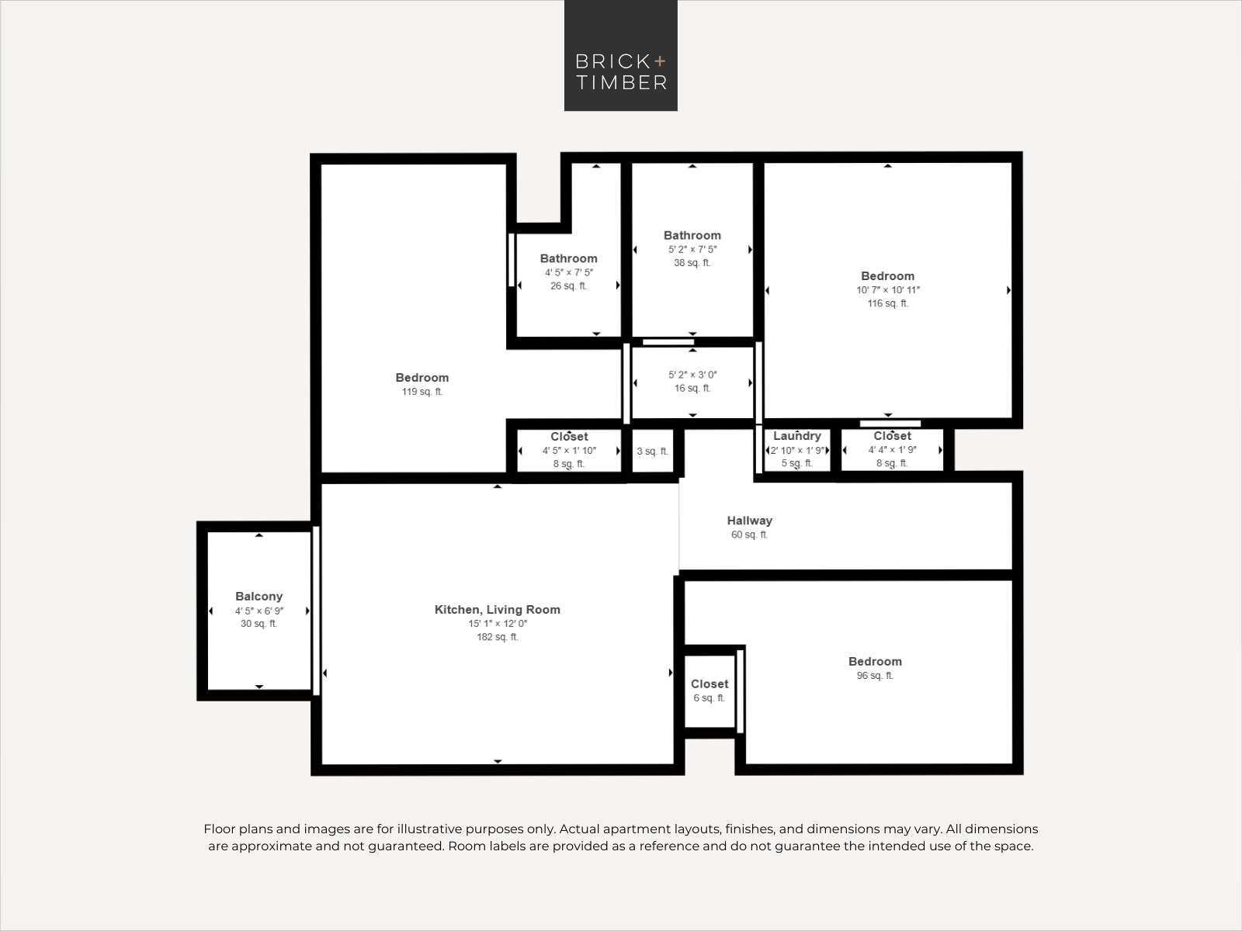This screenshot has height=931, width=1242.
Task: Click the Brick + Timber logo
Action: point(621,55)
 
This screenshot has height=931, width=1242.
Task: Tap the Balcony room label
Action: point(258,597)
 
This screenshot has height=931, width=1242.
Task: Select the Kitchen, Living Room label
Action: point(498,609)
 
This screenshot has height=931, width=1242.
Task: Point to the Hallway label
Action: point(750,521)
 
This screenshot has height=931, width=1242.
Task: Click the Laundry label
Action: point(797,436)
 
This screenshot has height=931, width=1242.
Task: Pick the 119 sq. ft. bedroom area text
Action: point(422,392)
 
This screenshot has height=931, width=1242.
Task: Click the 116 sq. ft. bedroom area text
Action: point(888,303)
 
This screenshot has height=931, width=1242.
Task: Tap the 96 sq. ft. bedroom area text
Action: point(875,676)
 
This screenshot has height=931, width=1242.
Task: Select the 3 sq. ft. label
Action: point(652,451)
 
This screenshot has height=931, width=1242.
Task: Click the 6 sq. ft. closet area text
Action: point(709,698)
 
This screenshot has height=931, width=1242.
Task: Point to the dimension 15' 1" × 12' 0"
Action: point(498,624)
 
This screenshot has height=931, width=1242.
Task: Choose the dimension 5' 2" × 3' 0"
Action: point(692,375)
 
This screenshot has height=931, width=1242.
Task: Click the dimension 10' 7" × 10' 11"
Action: point(888,290)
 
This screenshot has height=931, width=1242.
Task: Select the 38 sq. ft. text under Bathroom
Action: point(692,263)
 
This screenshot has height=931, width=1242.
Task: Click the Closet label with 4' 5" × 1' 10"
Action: point(569,436)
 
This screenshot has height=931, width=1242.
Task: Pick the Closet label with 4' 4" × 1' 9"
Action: point(893,436)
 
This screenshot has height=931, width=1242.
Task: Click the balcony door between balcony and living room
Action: point(316,611)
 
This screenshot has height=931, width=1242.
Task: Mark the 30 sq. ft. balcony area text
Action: point(258,624)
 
